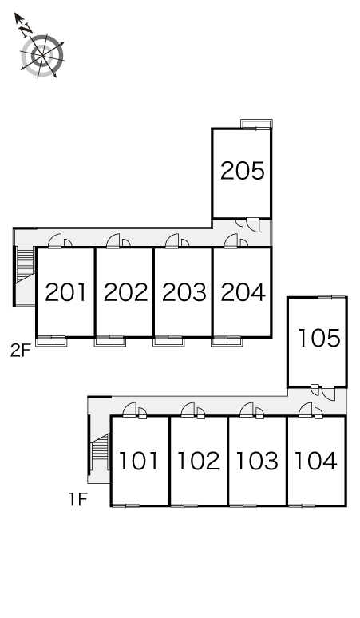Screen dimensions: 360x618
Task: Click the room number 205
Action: (x=242, y=171)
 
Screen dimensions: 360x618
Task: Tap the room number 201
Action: (x=65, y=292)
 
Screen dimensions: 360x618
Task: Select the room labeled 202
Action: (x=125, y=292)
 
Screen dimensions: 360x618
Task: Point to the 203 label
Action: (x=184, y=292)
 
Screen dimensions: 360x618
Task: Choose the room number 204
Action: (x=243, y=292)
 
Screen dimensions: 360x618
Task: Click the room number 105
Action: (x=319, y=339)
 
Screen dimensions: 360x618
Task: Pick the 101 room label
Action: (x=138, y=461)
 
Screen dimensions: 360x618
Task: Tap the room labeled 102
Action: (x=198, y=461)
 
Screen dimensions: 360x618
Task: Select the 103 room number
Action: (x=257, y=461)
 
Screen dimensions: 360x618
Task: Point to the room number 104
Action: (x=316, y=461)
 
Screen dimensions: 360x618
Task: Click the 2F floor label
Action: (x=21, y=351)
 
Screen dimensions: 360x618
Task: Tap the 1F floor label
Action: (x=78, y=500)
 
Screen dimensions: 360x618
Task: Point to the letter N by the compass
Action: (x=26, y=29)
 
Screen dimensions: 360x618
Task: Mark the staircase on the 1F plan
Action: (x=100, y=452)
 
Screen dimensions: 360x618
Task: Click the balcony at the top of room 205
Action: (x=256, y=124)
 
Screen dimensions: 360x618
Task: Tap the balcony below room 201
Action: (x=51, y=341)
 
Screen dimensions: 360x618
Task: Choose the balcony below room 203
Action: (x=168, y=341)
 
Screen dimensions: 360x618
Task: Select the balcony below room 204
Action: (x=227, y=341)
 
